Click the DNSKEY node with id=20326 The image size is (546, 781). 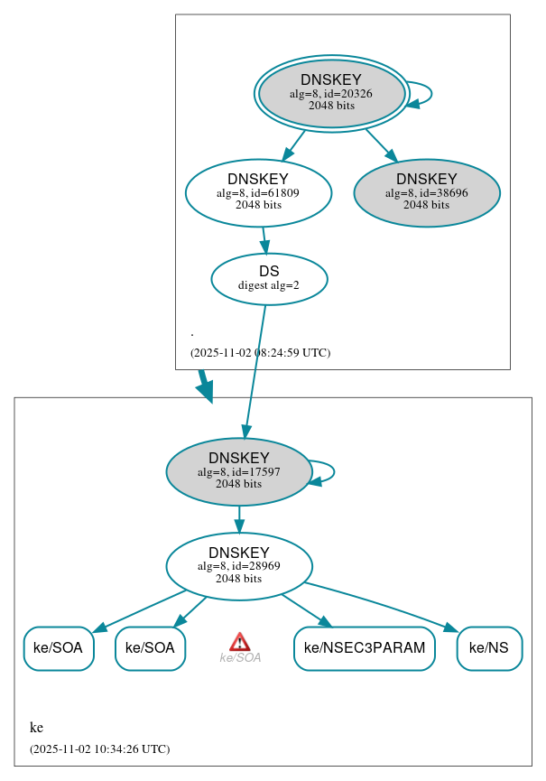(331, 93)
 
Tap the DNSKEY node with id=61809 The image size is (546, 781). (258, 192)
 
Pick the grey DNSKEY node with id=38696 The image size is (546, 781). (427, 193)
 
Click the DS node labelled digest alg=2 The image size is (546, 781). (269, 279)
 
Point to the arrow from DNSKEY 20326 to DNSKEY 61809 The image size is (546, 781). (293, 145)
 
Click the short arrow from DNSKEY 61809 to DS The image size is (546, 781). (264, 239)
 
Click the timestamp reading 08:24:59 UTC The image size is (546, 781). (260, 353)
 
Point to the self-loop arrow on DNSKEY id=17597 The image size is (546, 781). (333, 471)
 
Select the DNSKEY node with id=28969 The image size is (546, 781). (239, 567)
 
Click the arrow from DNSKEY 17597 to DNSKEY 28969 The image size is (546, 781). (239, 519)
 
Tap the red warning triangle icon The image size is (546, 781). (239, 641)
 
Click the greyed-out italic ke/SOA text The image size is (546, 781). (240, 658)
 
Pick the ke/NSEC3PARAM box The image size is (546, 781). (365, 648)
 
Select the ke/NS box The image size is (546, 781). (489, 648)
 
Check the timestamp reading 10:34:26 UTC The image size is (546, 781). (99, 749)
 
